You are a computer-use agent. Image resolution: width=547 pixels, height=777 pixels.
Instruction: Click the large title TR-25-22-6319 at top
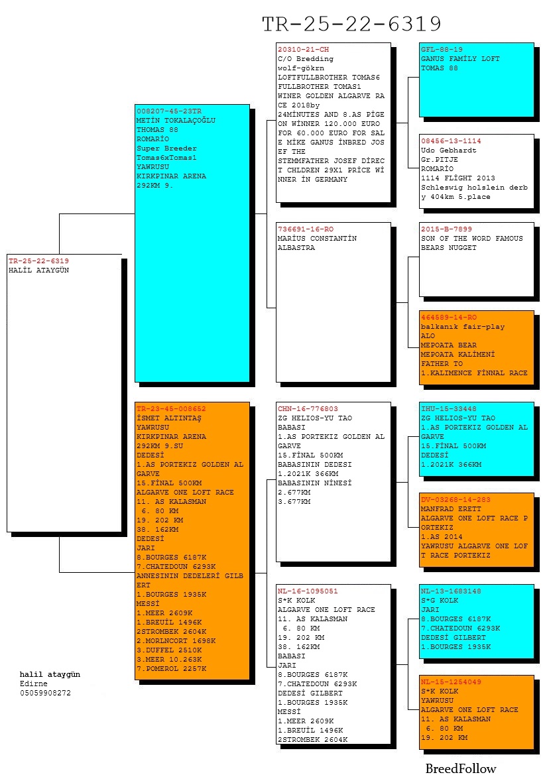351,23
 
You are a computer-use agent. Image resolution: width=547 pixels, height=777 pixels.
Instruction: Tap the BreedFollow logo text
461,768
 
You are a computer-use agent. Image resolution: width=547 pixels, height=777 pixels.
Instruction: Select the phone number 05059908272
45,693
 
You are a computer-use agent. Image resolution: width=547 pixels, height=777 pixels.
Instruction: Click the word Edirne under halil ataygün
34,684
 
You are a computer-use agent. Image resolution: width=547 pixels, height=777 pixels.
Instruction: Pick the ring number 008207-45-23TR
169,111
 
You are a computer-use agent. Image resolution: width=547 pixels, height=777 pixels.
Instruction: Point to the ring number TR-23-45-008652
171,409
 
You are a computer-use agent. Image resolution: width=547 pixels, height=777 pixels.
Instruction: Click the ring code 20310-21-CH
303,50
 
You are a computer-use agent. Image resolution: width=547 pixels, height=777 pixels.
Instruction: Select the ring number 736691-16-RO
306,229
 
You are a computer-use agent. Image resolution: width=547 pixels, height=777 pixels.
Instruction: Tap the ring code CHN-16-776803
308,409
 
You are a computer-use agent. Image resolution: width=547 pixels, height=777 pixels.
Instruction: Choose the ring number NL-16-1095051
308,591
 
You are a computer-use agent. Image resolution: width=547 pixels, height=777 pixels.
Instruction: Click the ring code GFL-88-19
442,50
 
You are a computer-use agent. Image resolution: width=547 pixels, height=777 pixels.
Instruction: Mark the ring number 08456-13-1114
451,141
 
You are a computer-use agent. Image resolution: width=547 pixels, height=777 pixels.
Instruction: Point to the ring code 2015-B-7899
446,229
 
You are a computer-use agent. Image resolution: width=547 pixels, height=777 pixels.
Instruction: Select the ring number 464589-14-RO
449,317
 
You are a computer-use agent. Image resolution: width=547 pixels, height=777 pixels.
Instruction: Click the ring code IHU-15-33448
449,409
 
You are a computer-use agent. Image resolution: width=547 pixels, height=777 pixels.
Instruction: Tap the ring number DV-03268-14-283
456,499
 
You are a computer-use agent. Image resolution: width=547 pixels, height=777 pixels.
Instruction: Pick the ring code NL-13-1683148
451,591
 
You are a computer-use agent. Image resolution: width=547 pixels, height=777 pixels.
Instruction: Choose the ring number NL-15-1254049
451,682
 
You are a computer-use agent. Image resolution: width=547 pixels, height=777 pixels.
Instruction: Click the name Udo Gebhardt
449,150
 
